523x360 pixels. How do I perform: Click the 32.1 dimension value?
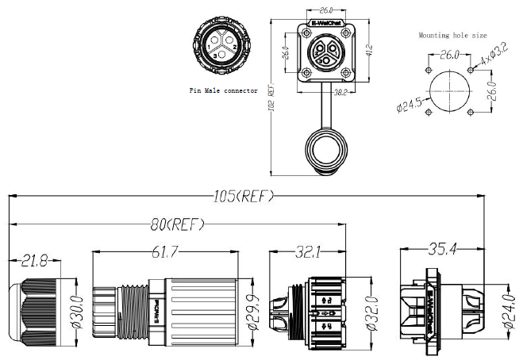pos(308,253)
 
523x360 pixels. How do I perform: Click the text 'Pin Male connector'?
pos(223,91)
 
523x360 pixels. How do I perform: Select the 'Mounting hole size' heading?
pos(452,35)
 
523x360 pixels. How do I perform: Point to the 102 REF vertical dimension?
pos(273,101)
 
